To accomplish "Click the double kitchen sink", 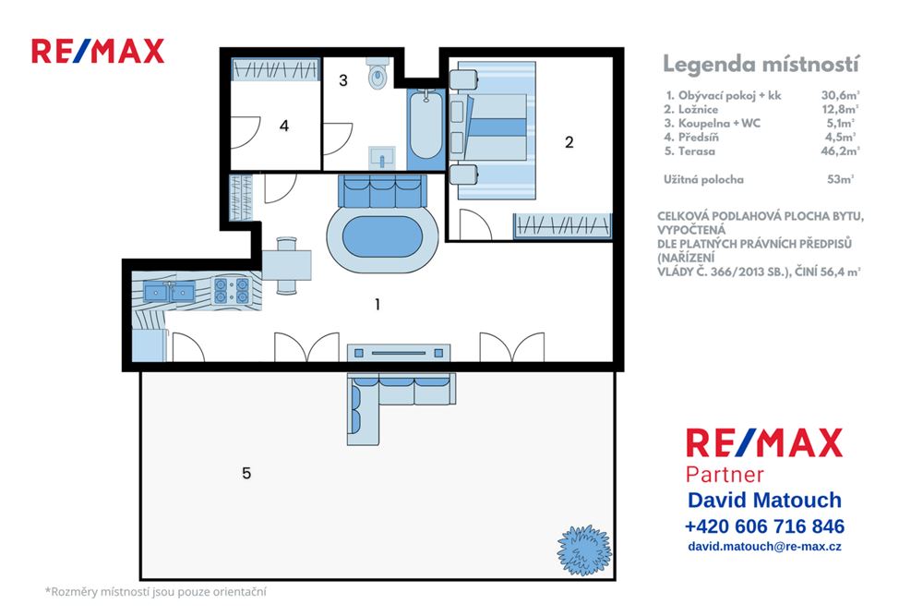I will tap(169, 292).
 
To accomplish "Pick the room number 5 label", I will tap(246, 473).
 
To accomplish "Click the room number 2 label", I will tap(569, 141).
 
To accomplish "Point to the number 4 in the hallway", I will tap(284, 126).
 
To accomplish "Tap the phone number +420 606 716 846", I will tap(764, 526).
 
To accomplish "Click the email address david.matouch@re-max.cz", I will tap(764, 547).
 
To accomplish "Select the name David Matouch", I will tap(764, 501).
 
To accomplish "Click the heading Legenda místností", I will tap(761, 64).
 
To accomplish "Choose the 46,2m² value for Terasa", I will tap(840, 150).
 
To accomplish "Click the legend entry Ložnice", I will tap(698, 108).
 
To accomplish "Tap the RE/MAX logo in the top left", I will tap(98, 51).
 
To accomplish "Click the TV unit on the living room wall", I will tap(400, 352).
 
